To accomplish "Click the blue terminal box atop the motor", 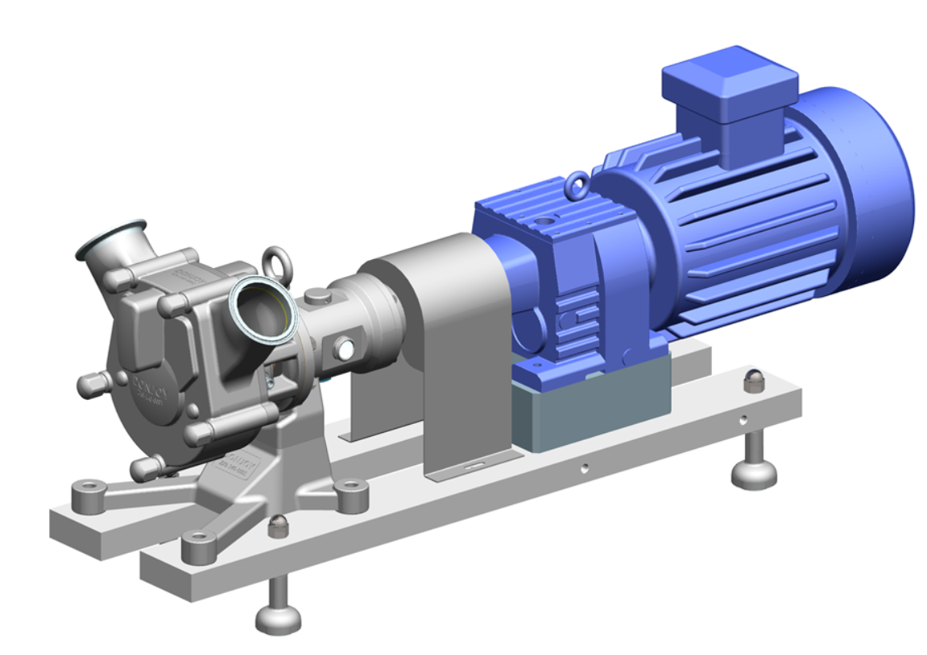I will tap(728, 90).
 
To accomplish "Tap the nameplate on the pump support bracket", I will tap(233, 468).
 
